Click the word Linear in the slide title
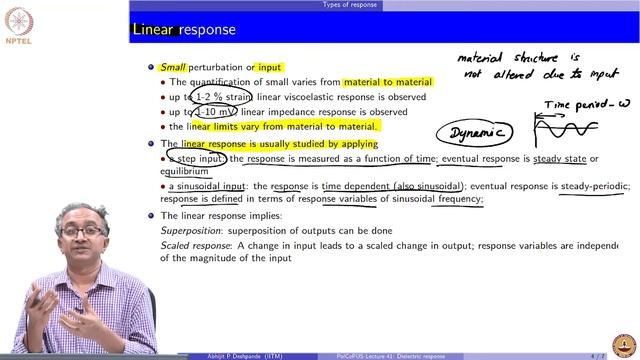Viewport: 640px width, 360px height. [x=155, y=30]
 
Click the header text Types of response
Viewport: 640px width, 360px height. [x=349, y=4]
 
